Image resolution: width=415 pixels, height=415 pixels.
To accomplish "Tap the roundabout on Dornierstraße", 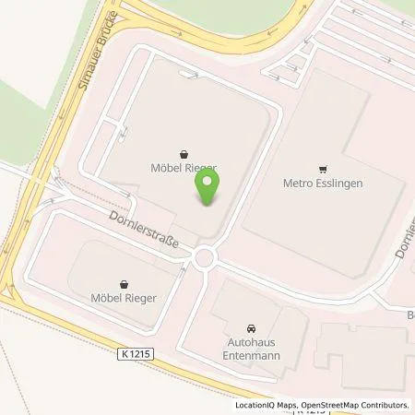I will pos(204,255).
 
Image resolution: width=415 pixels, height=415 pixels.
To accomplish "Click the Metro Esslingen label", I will pos(322,183).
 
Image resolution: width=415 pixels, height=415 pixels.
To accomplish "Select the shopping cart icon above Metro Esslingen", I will pos(322,169).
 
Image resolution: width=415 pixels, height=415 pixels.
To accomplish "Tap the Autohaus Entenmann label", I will pos(250,348).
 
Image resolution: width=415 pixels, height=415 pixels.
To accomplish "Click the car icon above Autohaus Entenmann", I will pos(250,328).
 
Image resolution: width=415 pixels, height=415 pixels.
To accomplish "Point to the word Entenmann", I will pos(250,353).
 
